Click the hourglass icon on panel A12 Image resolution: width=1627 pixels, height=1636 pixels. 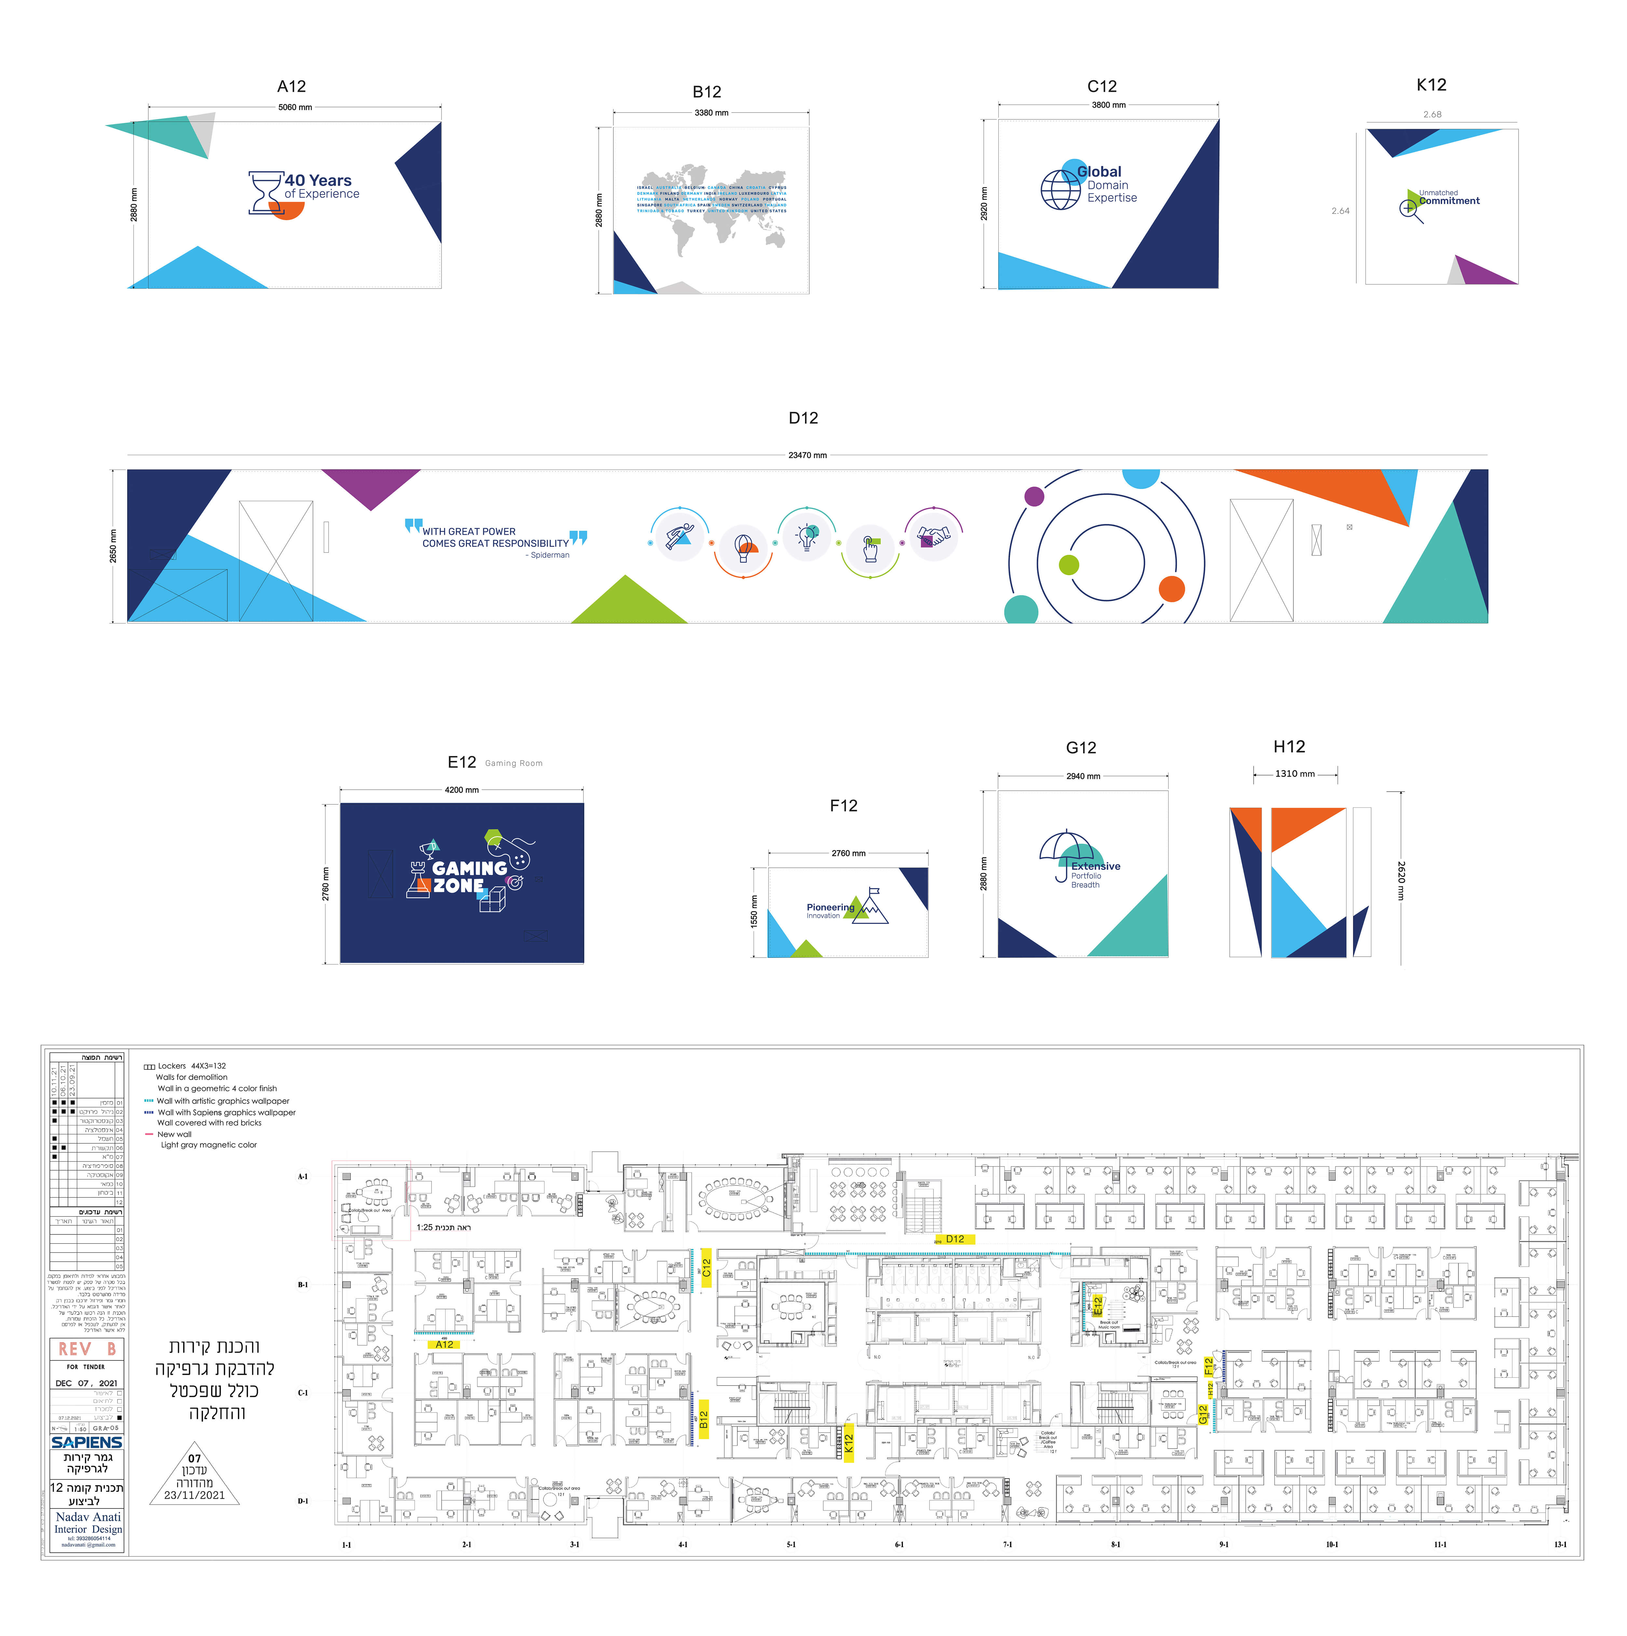[x=265, y=193]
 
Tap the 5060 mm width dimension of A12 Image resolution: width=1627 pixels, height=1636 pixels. [x=295, y=108]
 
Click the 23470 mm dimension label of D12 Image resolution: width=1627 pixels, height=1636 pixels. [x=807, y=456]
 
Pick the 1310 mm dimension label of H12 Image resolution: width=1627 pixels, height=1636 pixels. [x=1295, y=774]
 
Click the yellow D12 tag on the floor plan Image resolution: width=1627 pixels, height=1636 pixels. [x=955, y=1239]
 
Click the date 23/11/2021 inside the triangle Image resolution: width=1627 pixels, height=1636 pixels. [x=195, y=1495]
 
